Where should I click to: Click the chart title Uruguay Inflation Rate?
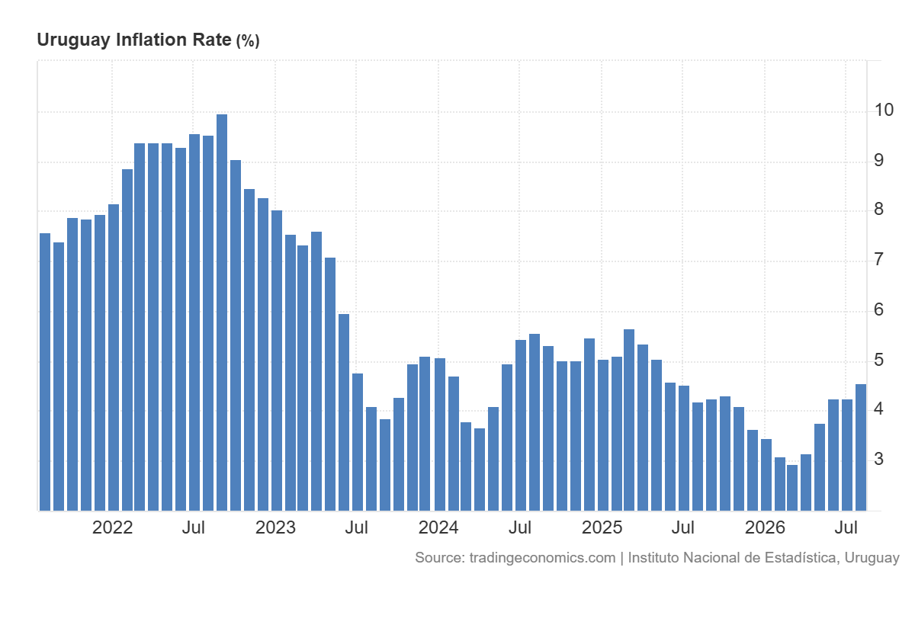click(134, 40)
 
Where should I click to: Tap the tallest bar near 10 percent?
click(222, 312)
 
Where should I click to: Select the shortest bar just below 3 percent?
click(792, 488)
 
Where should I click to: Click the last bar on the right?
click(861, 447)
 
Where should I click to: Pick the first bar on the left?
click(45, 372)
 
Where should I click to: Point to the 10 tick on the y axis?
click(884, 110)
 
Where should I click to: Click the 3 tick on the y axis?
click(878, 460)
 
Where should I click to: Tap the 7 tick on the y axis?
click(878, 260)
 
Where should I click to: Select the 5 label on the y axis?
click(878, 360)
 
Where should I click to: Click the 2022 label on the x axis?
click(112, 528)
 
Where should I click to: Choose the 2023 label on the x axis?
click(275, 528)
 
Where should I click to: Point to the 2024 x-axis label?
click(438, 528)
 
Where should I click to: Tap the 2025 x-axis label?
click(602, 528)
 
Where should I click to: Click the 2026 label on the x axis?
click(765, 528)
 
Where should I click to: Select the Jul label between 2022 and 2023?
click(193, 528)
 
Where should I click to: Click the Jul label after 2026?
click(846, 528)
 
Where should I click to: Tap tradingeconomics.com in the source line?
click(542, 558)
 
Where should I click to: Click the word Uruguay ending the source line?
click(872, 558)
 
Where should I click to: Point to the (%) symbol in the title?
click(248, 41)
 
